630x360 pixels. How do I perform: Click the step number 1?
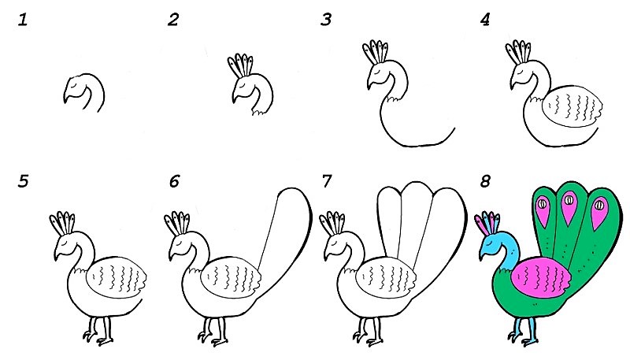(x=23, y=20)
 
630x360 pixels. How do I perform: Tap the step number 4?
(x=485, y=20)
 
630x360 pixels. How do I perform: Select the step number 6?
(x=174, y=182)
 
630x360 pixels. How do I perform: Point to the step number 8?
(x=485, y=182)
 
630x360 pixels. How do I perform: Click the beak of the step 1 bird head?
(x=66, y=97)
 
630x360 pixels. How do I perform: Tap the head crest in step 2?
(x=241, y=65)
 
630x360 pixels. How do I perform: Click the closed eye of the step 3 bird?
(x=379, y=72)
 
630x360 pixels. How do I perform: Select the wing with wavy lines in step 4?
(x=573, y=106)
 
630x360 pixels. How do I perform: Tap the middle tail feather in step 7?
(x=415, y=217)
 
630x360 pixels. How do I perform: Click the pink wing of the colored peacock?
(x=540, y=278)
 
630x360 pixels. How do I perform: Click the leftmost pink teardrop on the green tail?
(x=543, y=210)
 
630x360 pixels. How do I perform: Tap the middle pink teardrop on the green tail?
(x=569, y=206)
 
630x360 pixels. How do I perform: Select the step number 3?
(x=326, y=20)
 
